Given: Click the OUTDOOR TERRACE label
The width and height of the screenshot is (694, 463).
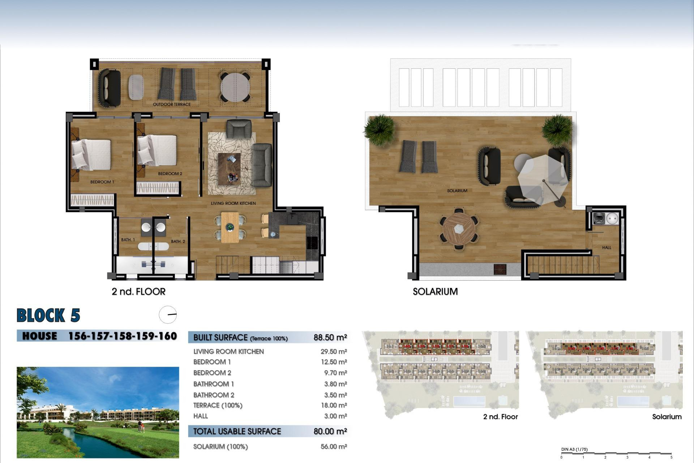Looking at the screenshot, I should (171, 105).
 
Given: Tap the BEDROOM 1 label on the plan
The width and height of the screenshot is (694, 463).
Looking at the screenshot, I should (102, 182).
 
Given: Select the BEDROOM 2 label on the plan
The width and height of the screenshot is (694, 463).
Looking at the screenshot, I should (170, 174).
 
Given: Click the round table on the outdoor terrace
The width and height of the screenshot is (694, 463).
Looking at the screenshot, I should (235, 88).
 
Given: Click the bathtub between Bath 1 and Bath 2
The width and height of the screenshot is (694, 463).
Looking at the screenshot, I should (153, 246).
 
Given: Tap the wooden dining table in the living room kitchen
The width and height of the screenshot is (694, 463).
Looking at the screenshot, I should (230, 227).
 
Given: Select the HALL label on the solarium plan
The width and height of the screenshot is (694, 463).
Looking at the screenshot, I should (607, 248).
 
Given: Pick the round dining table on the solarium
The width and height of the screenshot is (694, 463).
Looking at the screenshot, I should (459, 229).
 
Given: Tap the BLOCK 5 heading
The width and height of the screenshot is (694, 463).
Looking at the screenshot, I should (48, 315).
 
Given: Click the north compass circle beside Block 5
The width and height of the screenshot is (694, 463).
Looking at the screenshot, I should (168, 315).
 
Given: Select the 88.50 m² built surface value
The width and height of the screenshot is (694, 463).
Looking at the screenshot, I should (330, 337).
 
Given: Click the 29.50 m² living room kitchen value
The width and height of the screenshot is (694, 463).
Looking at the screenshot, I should (333, 352).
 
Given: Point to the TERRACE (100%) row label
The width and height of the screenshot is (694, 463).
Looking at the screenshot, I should (218, 405).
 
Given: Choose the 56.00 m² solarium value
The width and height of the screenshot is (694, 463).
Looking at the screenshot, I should (333, 447).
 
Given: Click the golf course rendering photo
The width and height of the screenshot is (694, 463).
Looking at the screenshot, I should (98, 412).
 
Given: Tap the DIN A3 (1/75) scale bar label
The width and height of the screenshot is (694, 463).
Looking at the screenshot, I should (574, 450).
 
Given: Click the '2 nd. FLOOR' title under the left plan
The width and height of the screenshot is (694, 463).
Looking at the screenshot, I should (138, 292).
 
